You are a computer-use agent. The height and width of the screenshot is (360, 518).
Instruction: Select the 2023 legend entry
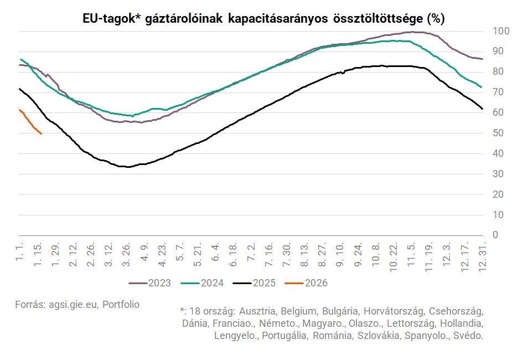[150, 283]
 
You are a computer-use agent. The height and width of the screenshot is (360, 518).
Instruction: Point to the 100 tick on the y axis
[499, 31]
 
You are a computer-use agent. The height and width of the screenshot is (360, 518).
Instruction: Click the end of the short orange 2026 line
[42, 133]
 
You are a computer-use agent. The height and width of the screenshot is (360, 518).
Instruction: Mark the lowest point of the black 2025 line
[128, 167]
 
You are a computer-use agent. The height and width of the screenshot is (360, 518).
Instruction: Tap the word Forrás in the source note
[30, 305]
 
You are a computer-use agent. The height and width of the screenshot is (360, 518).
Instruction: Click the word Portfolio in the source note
[121, 305]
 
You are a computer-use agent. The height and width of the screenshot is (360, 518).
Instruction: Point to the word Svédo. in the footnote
[468, 335]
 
